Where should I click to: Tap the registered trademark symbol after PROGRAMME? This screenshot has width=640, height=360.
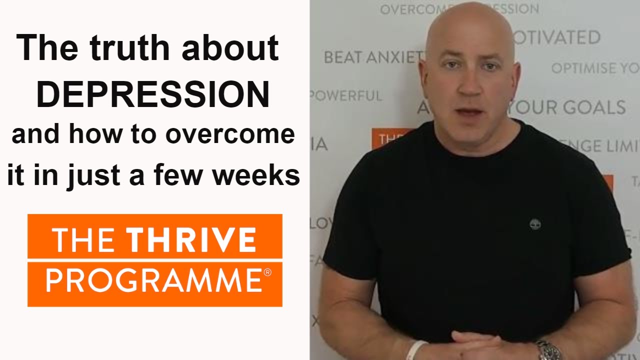pyautogui.click(x=267, y=272)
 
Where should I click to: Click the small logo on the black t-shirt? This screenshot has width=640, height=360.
pyautogui.click(x=534, y=223)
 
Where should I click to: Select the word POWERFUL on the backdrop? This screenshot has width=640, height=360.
pyautogui.click(x=346, y=95)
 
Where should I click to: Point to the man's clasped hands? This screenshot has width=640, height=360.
pyautogui.click(x=475, y=345)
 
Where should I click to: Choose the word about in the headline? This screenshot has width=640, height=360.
pyautogui.click(x=230, y=48)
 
